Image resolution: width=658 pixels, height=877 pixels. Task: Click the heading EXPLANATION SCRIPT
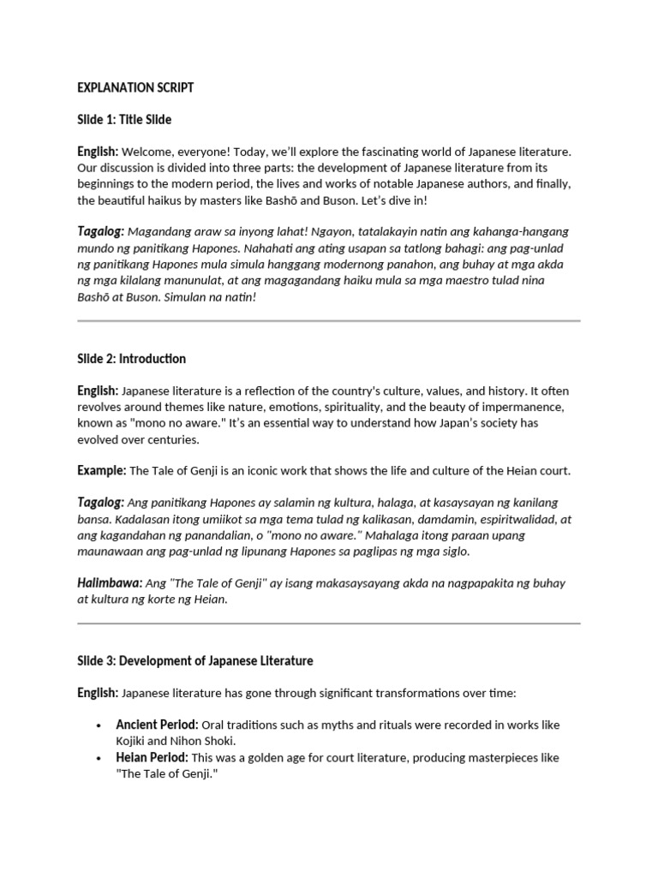(135, 87)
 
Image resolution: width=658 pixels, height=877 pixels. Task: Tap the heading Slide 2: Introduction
(131, 359)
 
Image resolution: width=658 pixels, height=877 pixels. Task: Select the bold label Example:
(102, 470)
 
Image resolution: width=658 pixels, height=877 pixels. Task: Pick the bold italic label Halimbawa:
(110, 583)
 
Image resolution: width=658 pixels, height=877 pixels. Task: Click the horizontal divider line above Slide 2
(329, 321)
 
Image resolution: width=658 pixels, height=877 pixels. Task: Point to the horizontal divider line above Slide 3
(329, 623)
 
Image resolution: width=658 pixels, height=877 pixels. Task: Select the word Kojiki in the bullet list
(133, 741)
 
